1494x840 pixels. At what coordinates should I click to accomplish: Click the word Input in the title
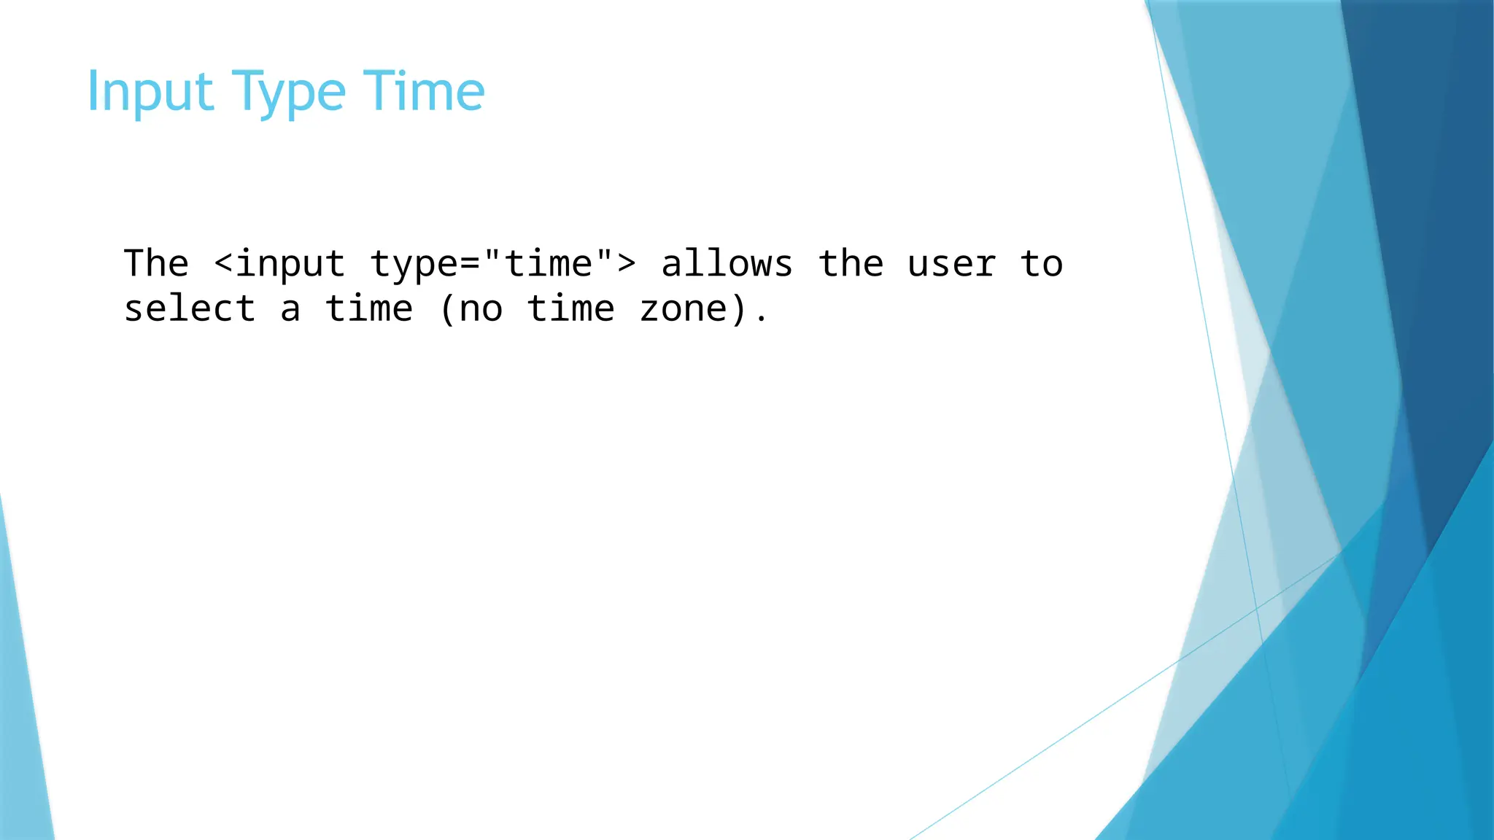150,92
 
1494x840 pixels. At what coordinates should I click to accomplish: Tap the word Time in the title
424,92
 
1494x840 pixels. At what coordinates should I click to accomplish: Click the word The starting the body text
156,263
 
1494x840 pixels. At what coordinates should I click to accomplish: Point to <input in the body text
279,265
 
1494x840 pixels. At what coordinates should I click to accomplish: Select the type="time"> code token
503,265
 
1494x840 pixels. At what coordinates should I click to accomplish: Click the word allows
727,263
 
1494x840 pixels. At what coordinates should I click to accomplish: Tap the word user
951,265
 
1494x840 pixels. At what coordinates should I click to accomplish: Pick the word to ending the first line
1041,265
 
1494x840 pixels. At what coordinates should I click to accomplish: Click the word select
190,308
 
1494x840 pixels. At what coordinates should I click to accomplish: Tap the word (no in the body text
471,310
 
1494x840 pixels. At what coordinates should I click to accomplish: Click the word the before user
851,263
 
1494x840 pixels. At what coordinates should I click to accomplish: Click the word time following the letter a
369,308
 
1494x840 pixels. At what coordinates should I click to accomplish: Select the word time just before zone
570,308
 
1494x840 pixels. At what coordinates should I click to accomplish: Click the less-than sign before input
223,265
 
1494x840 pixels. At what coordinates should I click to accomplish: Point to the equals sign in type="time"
470,265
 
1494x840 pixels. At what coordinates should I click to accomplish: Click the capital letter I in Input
92,92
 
